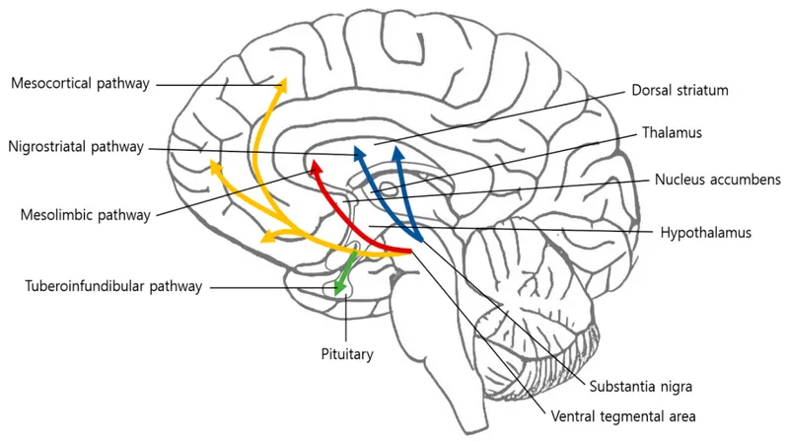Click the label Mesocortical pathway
pos(80,84)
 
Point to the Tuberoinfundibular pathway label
pos(113,286)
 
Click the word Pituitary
pos(346,351)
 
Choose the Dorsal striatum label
pos(681,91)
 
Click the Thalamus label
pos(674,131)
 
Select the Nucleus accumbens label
pos(717,180)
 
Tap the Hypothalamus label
pos(706,233)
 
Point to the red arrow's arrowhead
pos(316,165)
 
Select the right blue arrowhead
pos(397,153)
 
